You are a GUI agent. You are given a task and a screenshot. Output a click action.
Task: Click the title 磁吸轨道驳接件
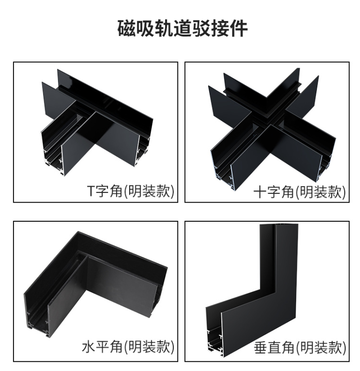coord(182,29)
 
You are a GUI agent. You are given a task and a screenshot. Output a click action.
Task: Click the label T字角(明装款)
coord(131,191)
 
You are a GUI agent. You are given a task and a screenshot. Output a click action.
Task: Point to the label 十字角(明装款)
coord(300,191)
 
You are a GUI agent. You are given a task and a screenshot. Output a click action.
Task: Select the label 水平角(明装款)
coord(128,347)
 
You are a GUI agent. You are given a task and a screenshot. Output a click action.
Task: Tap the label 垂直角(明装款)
coord(300,347)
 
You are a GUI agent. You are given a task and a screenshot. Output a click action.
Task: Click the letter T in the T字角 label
coord(91,191)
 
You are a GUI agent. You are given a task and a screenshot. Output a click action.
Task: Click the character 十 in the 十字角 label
coord(260,191)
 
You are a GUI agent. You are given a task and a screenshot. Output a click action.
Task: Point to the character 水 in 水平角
coord(89,347)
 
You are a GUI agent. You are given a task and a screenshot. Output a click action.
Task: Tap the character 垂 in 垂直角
coord(261,347)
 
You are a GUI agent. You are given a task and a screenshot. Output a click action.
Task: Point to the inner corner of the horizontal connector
coord(88,257)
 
